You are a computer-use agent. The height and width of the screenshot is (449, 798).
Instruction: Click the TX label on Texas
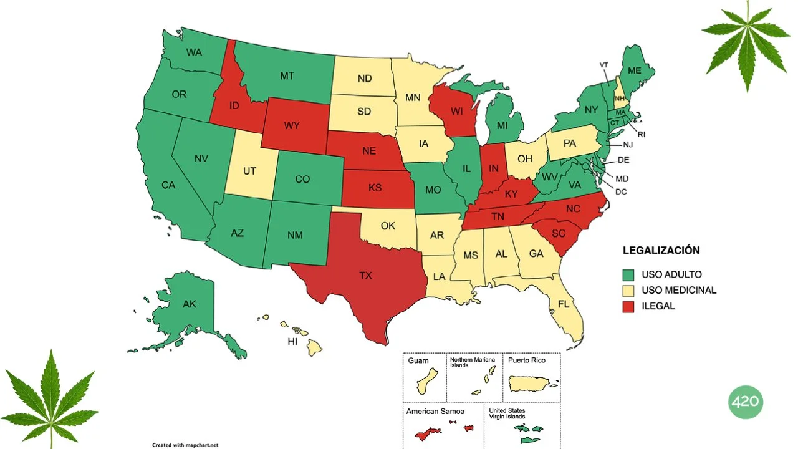tap(365, 275)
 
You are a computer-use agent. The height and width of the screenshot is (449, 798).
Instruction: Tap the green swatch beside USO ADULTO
tap(628, 274)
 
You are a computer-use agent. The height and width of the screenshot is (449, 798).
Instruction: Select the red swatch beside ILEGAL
tap(628, 306)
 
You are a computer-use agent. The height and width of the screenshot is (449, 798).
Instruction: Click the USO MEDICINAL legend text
tap(679, 290)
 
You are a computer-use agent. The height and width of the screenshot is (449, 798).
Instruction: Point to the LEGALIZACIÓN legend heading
tap(661, 251)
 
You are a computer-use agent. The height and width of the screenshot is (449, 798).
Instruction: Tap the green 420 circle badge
tap(745, 402)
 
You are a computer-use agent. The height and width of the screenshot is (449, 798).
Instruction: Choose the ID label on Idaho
tap(234, 105)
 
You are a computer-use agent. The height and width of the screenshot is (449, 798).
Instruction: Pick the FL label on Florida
tap(564, 305)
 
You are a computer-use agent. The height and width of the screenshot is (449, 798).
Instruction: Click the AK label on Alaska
tap(189, 304)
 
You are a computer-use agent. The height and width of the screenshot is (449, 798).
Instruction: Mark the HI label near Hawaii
tap(292, 342)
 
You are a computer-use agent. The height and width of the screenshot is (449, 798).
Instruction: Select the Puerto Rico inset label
tap(526, 360)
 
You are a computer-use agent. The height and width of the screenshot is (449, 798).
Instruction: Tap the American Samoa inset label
tap(435, 412)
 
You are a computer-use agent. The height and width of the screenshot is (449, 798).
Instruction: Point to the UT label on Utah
tap(249, 170)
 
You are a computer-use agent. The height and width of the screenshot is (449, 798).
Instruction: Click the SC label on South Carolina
tap(559, 233)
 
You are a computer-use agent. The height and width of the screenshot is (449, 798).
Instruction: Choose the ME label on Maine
tap(634, 71)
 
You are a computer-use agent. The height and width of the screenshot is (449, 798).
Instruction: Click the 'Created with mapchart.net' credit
tap(185, 445)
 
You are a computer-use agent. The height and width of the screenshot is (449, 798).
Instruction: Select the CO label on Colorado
tap(302, 180)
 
